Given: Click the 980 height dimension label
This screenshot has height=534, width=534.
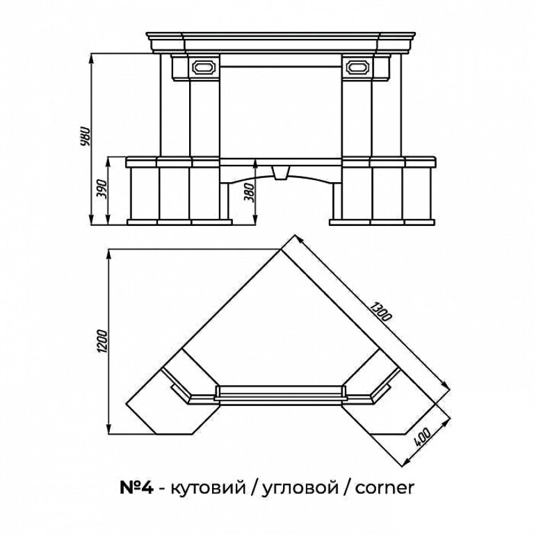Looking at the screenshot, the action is (x=85, y=136).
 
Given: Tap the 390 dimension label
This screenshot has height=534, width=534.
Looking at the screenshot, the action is (x=102, y=190).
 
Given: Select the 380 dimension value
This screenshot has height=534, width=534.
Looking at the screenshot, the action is (x=250, y=193).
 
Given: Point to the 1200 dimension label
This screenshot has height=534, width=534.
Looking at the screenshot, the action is (x=103, y=341).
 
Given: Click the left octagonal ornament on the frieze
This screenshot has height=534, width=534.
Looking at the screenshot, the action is (x=204, y=67).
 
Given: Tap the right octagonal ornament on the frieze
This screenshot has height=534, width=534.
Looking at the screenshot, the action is (x=357, y=67).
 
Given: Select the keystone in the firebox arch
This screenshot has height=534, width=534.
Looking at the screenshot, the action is (x=281, y=172).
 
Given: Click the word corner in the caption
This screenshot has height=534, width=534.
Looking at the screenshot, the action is (x=385, y=487).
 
